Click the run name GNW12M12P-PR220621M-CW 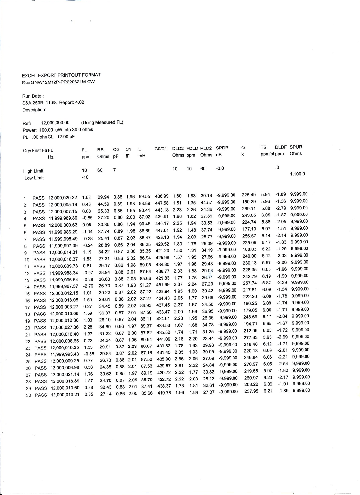point(63,82)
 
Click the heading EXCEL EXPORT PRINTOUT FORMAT point(61,75)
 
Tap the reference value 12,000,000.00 point(55,123)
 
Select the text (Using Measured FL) point(102,122)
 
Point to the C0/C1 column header point(161,148)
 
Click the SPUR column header point(296,147)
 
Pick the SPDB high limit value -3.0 point(220,168)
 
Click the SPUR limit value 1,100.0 point(297,174)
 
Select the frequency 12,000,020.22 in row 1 point(63,198)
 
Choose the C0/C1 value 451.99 point(162,284)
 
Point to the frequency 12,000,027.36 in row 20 point(64,327)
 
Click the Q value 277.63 point(250,338)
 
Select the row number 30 point(28,395)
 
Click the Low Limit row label point(34,178)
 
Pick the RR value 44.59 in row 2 point(103,204)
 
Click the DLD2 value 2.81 point(179,365)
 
